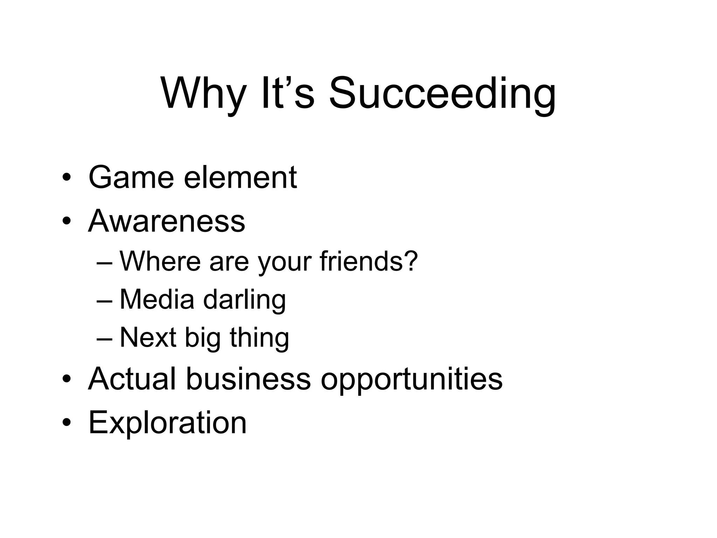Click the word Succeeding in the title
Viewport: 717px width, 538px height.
click(442, 94)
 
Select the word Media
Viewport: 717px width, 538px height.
click(157, 299)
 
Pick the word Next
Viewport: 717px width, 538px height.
click(148, 337)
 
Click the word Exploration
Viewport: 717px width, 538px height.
click(168, 422)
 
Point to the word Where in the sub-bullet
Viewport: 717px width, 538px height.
click(160, 261)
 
